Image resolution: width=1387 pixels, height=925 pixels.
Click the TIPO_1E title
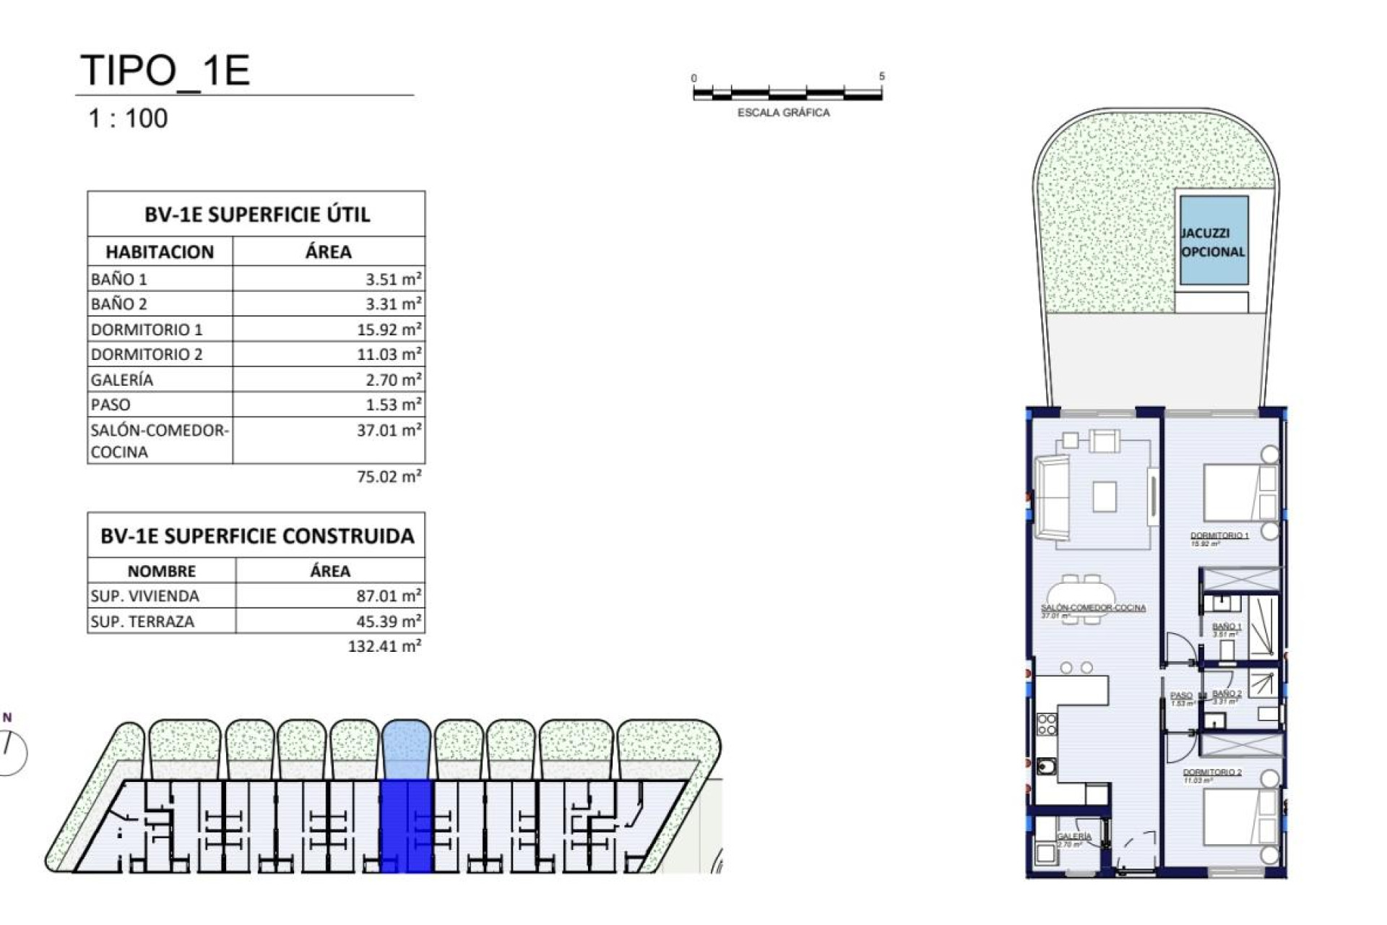[x=165, y=70]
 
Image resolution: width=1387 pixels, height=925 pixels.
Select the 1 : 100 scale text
[x=128, y=119]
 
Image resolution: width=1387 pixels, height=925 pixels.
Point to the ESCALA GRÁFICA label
[x=783, y=113]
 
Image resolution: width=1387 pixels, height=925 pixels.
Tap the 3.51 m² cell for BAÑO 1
[x=389, y=279]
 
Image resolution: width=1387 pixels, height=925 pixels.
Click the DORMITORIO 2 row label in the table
[x=147, y=354]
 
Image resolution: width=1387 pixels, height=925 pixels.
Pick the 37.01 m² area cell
[x=389, y=431]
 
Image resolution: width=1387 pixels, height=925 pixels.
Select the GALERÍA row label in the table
[x=122, y=379]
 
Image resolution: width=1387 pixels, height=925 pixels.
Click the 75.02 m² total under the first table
[x=389, y=477]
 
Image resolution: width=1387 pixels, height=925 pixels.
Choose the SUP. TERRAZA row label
[x=142, y=621]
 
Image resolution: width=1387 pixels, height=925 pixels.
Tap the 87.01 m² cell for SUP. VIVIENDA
[x=389, y=596]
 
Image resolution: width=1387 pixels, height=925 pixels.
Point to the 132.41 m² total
[x=384, y=646]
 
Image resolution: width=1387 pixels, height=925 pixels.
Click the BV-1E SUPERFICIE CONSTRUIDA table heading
[x=257, y=536]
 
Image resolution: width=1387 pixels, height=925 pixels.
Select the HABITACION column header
[x=160, y=252]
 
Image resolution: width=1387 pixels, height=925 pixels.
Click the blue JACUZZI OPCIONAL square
[x=1214, y=241]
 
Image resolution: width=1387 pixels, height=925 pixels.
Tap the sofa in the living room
[x=1052, y=498]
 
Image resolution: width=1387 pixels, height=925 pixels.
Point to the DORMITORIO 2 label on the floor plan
[x=1212, y=772]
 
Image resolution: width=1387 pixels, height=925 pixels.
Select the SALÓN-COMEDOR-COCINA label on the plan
[x=1093, y=608]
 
